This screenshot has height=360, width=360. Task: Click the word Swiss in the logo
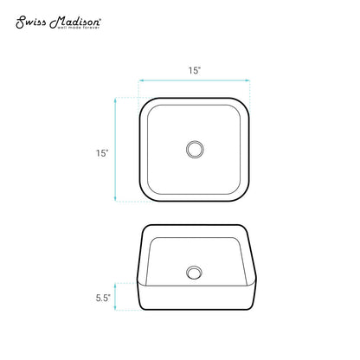[x=31, y=22]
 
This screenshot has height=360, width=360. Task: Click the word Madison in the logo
[x=74, y=22]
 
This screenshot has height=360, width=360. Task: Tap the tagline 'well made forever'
[x=79, y=28]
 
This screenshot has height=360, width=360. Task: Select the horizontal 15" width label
[x=195, y=70]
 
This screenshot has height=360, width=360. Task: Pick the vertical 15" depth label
[x=102, y=153]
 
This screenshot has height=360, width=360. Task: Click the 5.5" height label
[x=103, y=298]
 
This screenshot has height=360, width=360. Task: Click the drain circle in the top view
[x=195, y=150]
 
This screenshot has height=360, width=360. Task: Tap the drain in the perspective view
[x=194, y=273]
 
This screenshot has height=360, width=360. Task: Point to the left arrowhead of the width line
[x=141, y=80]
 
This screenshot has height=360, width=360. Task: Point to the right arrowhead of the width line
[x=247, y=80]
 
